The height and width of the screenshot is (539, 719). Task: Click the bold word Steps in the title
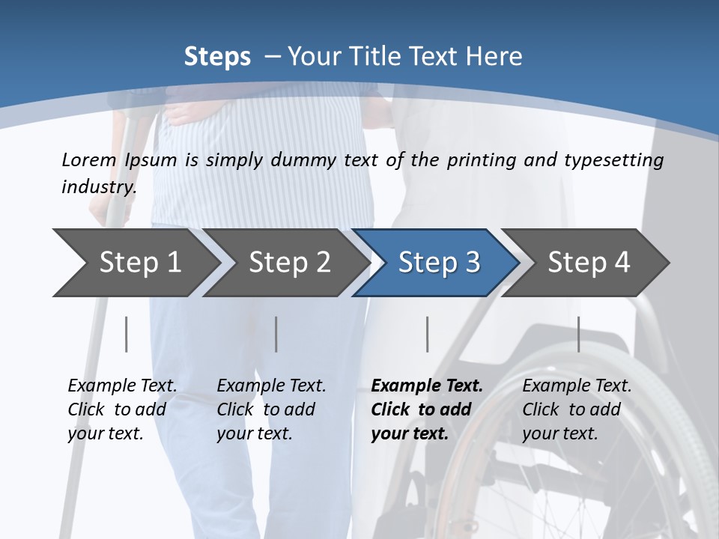(217, 57)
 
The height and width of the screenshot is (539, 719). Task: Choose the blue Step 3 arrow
(439, 263)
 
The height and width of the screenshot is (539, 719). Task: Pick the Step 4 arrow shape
(589, 263)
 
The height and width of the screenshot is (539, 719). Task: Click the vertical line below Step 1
(127, 334)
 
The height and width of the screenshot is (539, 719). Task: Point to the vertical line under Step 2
(276, 334)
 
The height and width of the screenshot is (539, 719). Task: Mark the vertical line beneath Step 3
(427, 334)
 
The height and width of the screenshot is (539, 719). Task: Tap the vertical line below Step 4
(578, 334)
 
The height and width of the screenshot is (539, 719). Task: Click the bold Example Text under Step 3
(427, 409)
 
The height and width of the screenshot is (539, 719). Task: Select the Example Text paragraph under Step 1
(122, 409)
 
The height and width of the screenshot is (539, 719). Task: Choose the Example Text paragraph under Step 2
(271, 409)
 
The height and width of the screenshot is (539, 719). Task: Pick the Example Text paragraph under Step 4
(577, 409)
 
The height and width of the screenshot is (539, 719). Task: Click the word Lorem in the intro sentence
(89, 160)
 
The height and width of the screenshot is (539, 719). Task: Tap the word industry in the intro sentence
(99, 187)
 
